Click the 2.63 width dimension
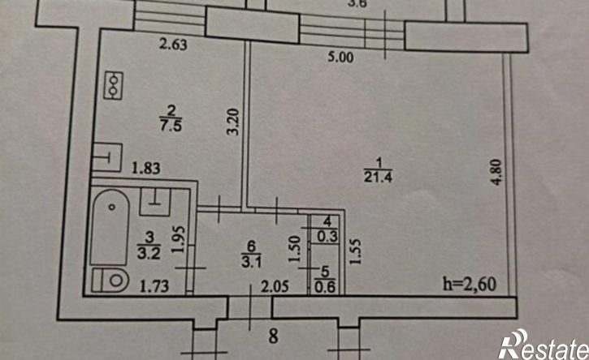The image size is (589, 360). click(173, 45)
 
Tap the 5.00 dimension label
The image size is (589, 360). click(340, 57)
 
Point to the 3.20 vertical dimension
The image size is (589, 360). click(233, 122)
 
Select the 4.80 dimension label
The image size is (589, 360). click(496, 172)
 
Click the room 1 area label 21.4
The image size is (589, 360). click(378, 176)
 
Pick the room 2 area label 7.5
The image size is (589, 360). click(171, 125)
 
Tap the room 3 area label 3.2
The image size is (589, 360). click(149, 254)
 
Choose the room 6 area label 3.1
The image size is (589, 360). click(251, 262)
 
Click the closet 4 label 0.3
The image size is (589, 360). click(327, 237)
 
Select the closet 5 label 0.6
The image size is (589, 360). click(325, 288)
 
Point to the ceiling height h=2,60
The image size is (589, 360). click(470, 284)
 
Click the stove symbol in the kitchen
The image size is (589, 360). click(114, 85)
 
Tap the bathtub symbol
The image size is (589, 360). click(110, 227)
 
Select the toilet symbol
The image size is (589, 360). click(110, 280)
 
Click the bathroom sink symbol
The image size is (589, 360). click(155, 201)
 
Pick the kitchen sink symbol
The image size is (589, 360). click(107, 157)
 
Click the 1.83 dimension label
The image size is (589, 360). click(146, 168)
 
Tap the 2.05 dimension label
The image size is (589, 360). click(275, 287)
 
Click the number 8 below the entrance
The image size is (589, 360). click(274, 336)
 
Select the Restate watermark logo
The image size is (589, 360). click(544, 345)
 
